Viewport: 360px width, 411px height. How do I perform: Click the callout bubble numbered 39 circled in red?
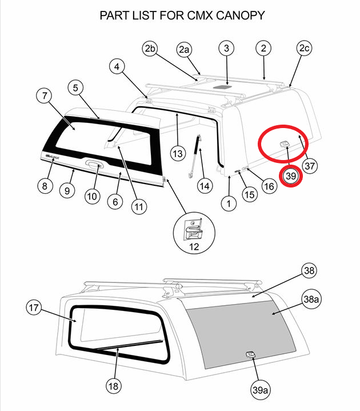pos(290,177)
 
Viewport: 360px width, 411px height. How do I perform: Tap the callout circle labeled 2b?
pos(150,50)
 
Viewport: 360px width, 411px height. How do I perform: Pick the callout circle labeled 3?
pos(226,49)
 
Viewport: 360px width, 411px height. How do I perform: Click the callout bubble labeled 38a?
pos(311,299)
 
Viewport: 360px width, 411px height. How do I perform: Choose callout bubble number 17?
pos(34,308)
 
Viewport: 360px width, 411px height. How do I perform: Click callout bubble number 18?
pos(113,386)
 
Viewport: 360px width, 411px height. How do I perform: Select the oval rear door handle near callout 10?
pos(93,166)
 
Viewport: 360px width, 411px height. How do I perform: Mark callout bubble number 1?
pos(229,203)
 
